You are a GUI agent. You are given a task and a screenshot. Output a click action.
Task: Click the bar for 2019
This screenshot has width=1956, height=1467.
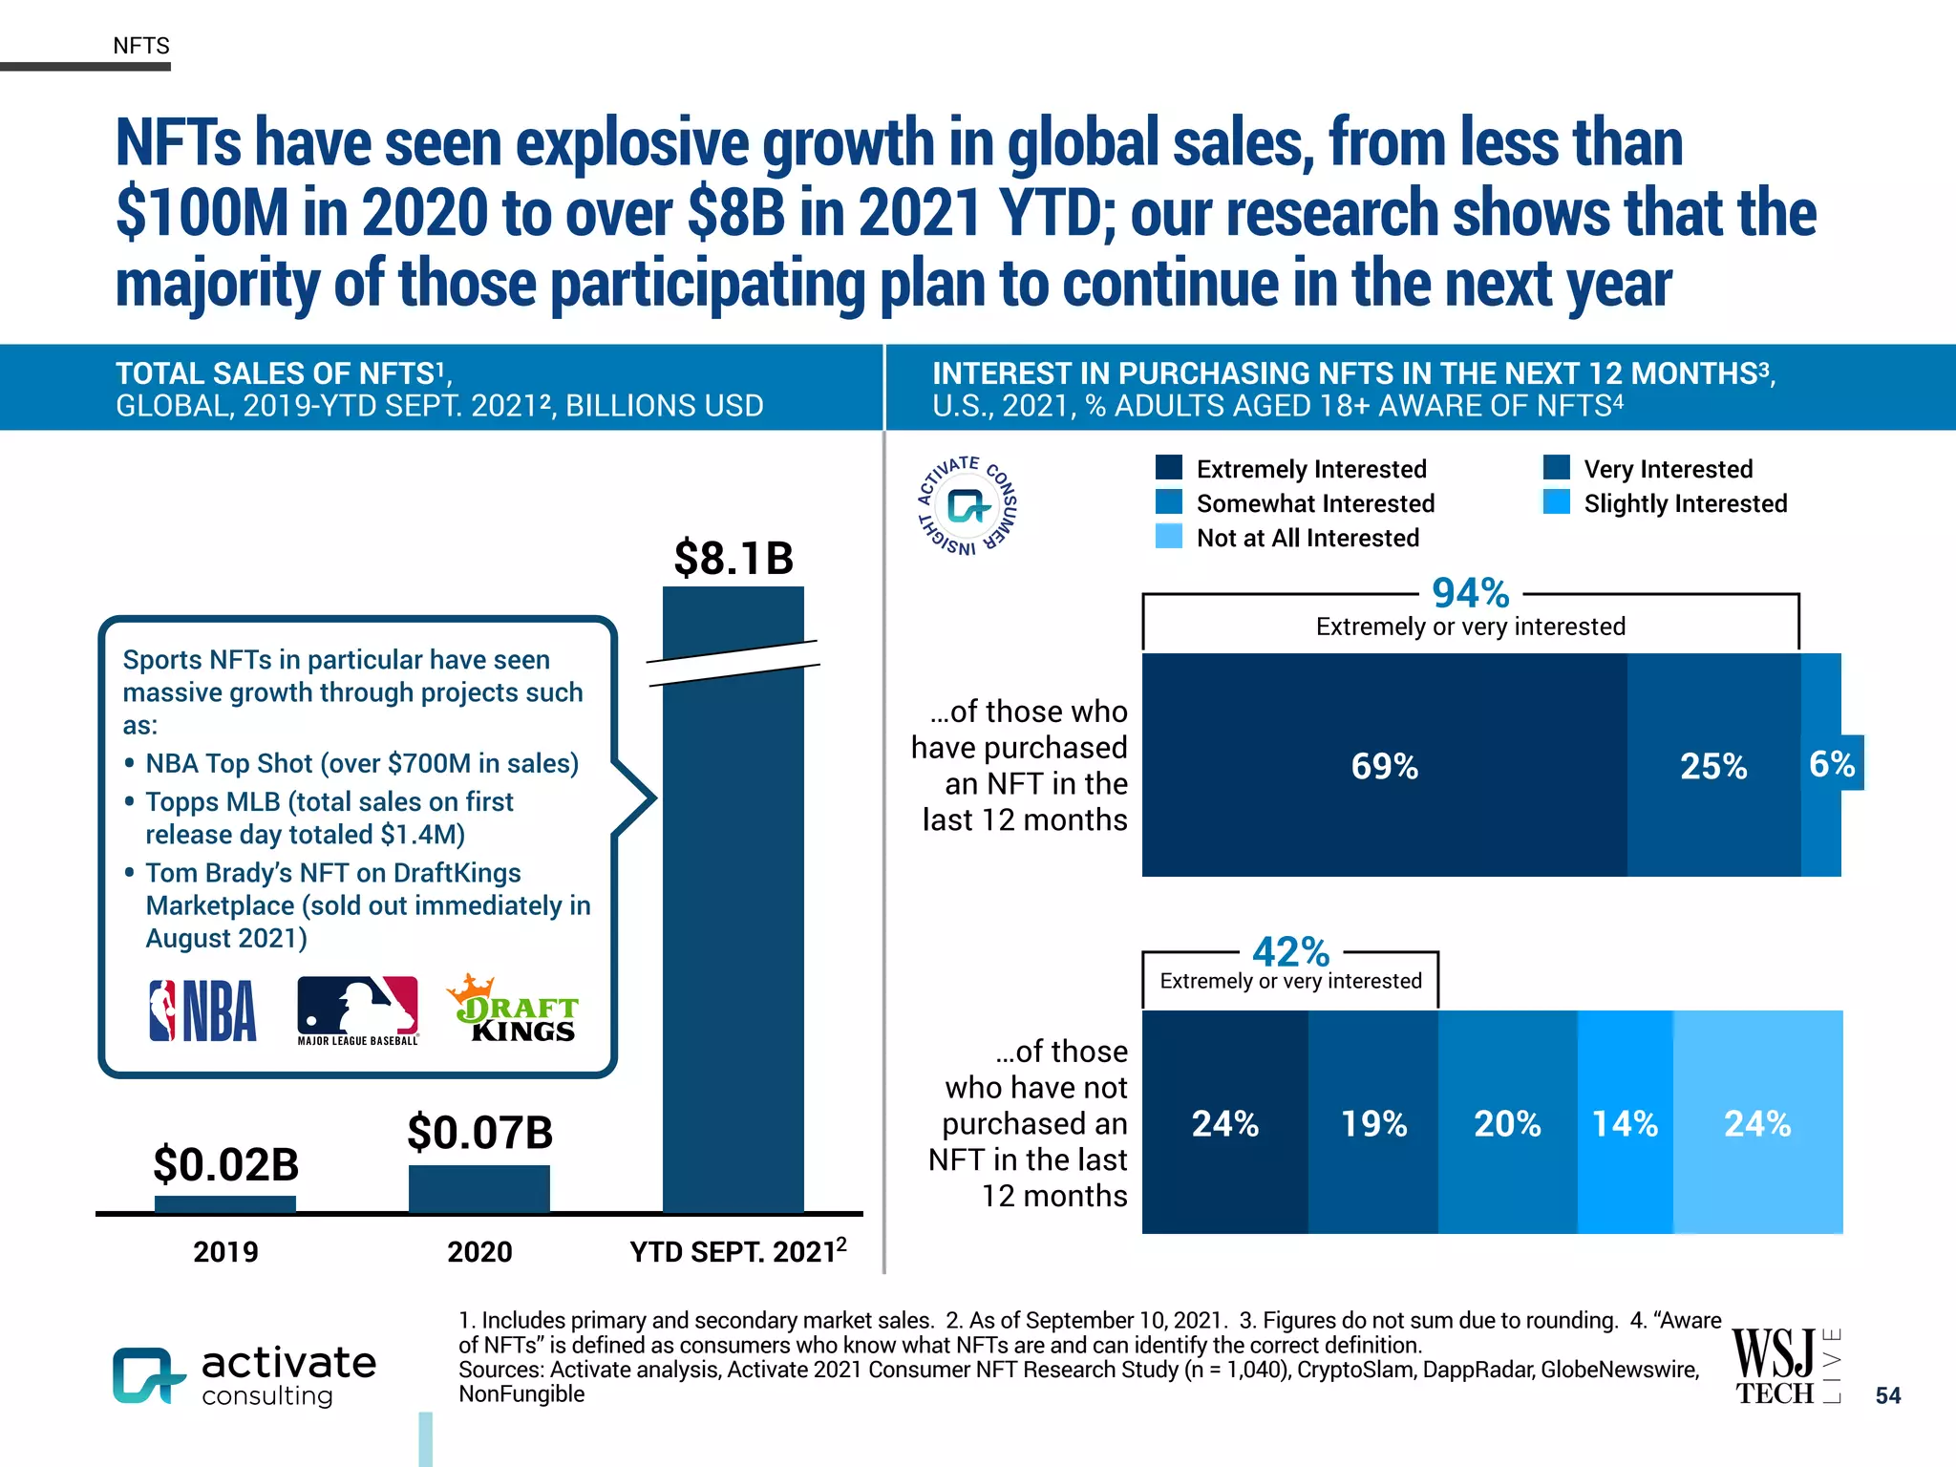click(x=225, y=1204)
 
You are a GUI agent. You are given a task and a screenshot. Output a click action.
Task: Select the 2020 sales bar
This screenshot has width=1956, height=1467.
click(x=479, y=1188)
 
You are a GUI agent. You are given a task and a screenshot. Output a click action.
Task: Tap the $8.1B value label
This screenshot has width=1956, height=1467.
click(x=733, y=558)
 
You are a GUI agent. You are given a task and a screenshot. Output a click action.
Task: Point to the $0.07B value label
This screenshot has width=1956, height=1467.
click(x=479, y=1133)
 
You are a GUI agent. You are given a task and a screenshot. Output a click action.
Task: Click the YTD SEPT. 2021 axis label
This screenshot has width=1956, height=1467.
click(x=737, y=1251)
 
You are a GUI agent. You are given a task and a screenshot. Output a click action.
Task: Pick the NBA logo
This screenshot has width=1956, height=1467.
click(x=202, y=1010)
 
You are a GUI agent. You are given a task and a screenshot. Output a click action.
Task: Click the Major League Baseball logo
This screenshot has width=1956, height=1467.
click(x=357, y=1010)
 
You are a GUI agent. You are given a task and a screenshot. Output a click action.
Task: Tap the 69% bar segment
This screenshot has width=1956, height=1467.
click(x=1384, y=765)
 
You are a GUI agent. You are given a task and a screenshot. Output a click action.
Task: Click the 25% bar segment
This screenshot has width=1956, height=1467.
click(x=1713, y=765)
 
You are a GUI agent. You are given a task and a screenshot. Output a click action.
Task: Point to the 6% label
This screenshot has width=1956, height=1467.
click(x=1832, y=763)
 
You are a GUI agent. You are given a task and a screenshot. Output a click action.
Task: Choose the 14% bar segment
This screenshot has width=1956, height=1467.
click(x=1625, y=1122)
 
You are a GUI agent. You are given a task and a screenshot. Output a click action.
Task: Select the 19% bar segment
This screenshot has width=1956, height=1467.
click(x=1372, y=1122)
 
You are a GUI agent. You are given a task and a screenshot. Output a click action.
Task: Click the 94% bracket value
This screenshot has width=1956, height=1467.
click(x=1470, y=593)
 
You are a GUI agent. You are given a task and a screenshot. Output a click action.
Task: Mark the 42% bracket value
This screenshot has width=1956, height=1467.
click(x=1290, y=951)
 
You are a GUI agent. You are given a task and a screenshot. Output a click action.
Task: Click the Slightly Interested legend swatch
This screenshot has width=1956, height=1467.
click(x=1557, y=502)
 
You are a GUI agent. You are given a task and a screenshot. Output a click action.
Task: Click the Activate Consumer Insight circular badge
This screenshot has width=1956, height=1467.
click(x=967, y=505)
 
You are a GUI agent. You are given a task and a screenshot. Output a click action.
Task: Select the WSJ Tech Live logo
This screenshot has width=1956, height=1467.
click(x=1784, y=1366)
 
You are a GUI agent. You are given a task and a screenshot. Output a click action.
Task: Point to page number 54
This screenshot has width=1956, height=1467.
click(x=1887, y=1395)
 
